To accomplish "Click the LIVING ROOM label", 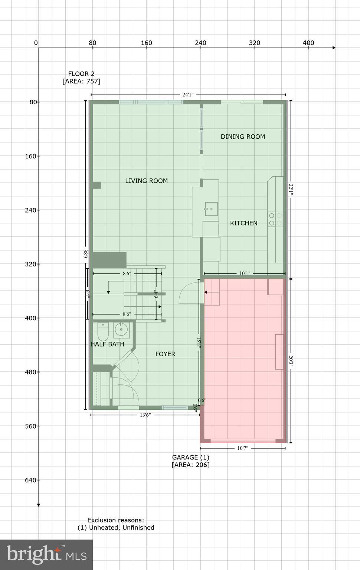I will pyautogui.click(x=146, y=181).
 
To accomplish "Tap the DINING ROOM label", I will pyautogui.click(x=243, y=137).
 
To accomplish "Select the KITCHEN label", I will pyautogui.click(x=243, y=223).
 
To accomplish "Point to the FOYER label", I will pyautogui.click(x=165, y=354).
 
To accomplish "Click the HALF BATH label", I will pyautogui.click(x=107, y=344).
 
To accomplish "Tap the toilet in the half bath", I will pyautogui.click(x=103, y=331).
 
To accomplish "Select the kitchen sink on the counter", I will pyautogui.click(x=211, y=209).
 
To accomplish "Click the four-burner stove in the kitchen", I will pyautogui.click(x=275, y=219).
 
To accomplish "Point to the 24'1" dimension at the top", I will pyautogui.click(x=188, y=95).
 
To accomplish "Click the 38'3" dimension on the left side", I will pyautogui.click(x=85, y=255).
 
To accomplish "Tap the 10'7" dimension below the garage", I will pyautogui.click(x=243, y=448).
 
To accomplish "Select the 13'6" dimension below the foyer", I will pyautogui.click(x=145, y=415).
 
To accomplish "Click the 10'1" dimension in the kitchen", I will pyautogui.click(x=245, y=273).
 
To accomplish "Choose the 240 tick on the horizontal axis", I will pyautogui.click(x=200, y=43).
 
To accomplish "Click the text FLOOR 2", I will pyautogui.click(x=81, y=74).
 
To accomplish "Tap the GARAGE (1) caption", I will pyautogui.click(x=190, y=458).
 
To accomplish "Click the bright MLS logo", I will pyautogui.click(x=46, y=554).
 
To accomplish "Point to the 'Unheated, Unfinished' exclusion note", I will pyautogui.click(x=116, y=527).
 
